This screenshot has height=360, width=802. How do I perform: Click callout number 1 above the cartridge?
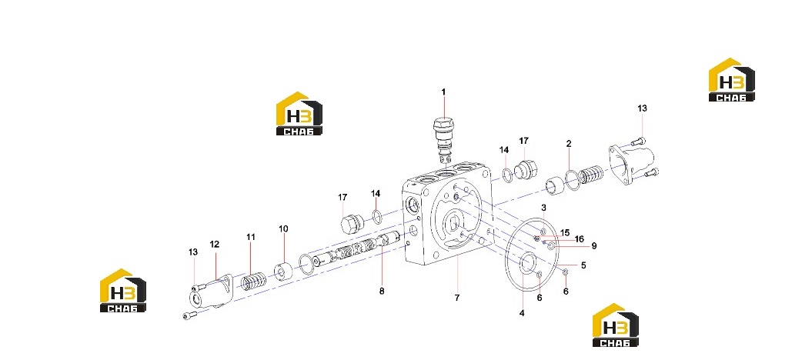(443, 92)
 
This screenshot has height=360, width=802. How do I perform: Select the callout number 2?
(569, 144)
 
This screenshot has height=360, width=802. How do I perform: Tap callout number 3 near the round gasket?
(543, 208)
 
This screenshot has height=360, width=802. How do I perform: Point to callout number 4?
(522, 313)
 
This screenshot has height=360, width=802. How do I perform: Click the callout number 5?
(583, 265)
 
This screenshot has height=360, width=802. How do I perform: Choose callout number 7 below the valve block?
(457, 298)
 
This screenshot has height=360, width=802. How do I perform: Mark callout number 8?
(382, 292)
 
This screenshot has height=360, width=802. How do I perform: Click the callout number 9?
(594, 246)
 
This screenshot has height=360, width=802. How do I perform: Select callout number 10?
(283, 228)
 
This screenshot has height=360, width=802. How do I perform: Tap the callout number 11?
(251, 237)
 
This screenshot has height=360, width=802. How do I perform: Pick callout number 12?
(214, 245)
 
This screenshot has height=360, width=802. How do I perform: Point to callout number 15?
(565, 233)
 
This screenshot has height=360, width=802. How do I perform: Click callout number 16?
(579, 238)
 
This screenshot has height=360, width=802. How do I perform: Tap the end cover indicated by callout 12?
(211, 292)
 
